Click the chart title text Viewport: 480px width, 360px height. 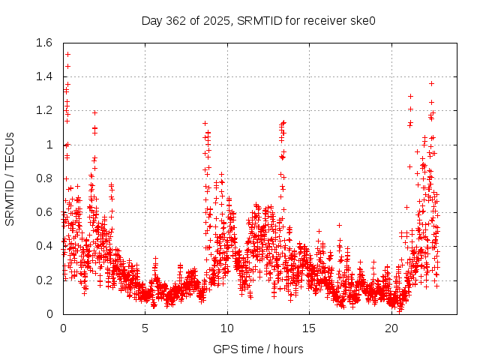click(258, 20)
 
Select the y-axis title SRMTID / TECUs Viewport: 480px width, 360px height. click(10, 178)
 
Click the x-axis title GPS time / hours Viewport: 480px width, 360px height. click(258, 349)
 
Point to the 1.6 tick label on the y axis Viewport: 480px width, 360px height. click(43, 43)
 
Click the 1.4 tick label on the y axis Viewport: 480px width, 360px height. click(43, 76)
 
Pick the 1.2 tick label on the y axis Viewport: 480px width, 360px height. click(43, 110)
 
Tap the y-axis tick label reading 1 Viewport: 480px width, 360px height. click(49, 145)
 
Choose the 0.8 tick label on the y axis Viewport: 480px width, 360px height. click(43, 178)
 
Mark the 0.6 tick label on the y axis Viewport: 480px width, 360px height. click(43, 212)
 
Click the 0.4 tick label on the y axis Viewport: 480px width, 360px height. click(43, 246)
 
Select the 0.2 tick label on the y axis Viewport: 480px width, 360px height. click(43, 280)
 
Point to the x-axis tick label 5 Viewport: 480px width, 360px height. click(145, 328)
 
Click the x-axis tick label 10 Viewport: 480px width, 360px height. click(227, 328)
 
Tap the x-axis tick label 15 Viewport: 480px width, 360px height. click(309, 328)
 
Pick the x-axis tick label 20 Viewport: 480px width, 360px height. click(391, 328)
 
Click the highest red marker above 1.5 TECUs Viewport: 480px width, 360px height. click(67, 54)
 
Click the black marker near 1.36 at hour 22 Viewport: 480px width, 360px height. click(431, 83)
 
